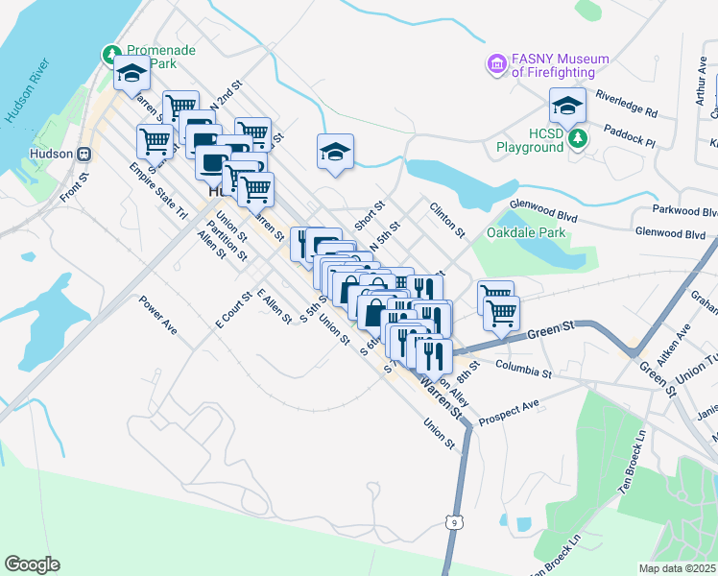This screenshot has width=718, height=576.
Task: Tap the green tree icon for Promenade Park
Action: [x=112, y=53]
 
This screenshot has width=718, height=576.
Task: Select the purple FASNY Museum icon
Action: [x=496, y=64]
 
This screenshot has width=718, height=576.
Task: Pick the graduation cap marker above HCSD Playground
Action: [x=567, y=105]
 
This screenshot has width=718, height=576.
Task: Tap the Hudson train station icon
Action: [x=84, y=154]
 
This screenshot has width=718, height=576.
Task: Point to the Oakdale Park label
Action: [x=527, y=232]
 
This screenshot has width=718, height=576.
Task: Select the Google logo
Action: [x=32, y=564]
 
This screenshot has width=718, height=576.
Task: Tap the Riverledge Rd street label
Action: [x=626, y=105]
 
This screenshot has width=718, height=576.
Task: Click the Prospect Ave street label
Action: [x=509, y=409]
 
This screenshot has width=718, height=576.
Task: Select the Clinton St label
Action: [x=447, y=220]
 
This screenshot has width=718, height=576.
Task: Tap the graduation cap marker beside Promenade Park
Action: [x=131, y=75]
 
